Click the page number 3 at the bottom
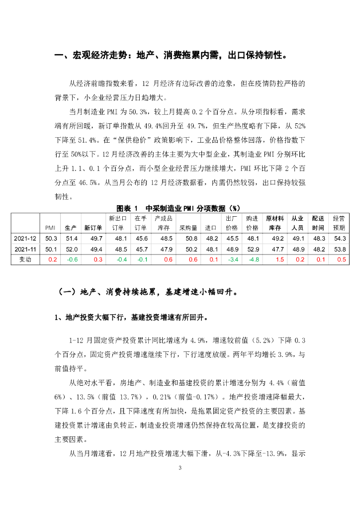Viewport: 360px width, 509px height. (180, 468)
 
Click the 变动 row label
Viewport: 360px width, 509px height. (26, 259)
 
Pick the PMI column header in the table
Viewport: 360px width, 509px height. (50, 228)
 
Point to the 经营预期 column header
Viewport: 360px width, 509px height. (339, 223)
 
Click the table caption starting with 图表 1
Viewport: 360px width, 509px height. (179, 207)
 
